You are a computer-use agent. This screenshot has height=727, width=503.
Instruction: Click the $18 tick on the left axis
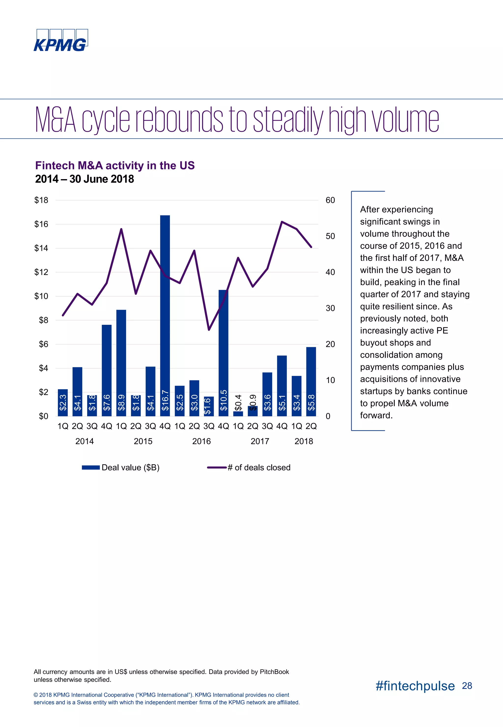tap(41, 200)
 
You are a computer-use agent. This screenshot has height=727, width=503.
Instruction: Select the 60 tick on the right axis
tap(330, 200)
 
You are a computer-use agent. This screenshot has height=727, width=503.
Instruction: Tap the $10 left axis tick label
tap(41, 296)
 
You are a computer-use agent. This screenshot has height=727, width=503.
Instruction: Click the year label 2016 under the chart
tap(201, 441)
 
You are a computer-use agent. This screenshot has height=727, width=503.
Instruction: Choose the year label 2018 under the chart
tap(304, 441)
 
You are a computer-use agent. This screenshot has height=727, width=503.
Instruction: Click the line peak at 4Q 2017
tap(282, 222)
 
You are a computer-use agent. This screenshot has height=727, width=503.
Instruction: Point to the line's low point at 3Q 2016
tap(209, 330)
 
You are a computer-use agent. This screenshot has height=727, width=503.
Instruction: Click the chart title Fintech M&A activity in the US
tap(115, 166)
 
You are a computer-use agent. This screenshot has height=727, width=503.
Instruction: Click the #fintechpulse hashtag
tap(415, 686)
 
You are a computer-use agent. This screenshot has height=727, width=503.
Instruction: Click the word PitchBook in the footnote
tap(274, 672)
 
